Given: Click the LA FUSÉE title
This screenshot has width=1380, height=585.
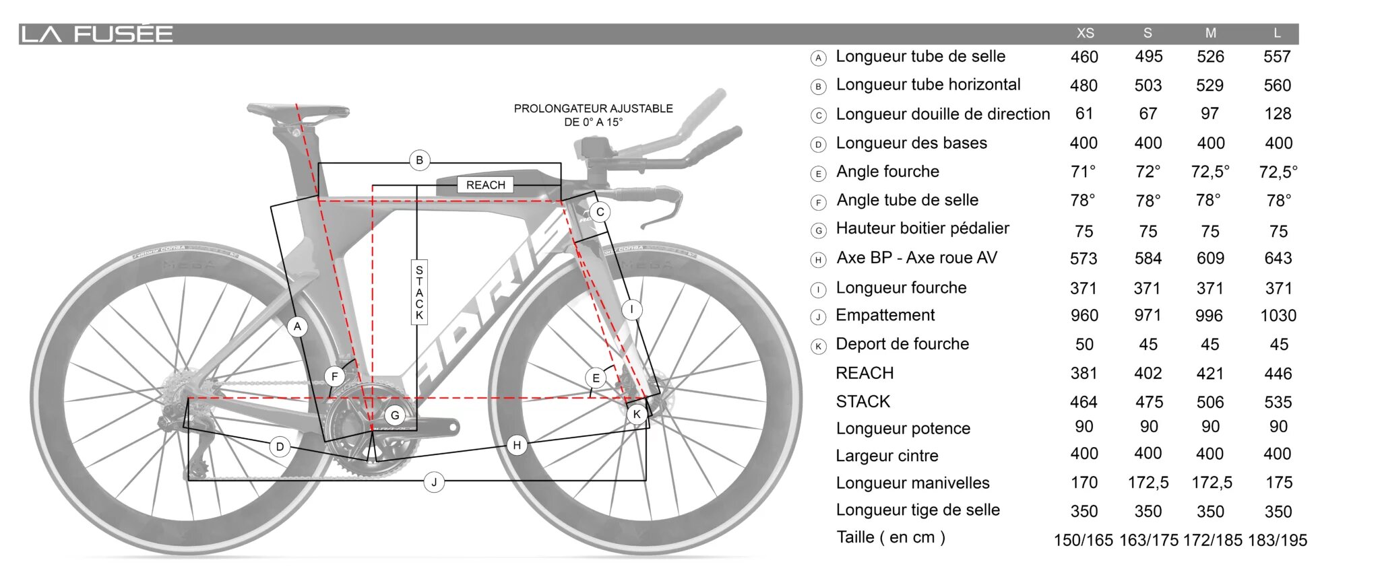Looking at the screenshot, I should coord(97,34).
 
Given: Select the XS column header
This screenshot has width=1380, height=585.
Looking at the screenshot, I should coord(1085,33).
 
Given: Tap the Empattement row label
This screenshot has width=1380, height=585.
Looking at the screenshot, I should coord(885,315).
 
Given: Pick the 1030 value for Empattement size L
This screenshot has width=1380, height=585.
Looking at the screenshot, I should coord(1278,316).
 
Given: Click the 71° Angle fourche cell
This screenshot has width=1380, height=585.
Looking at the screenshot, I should coord(1083,172).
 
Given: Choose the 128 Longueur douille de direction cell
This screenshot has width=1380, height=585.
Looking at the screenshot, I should coord(1278,114).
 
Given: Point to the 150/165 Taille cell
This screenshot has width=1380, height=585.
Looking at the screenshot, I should coord(1083,540).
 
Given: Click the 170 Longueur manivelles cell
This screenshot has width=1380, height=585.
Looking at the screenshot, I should coord(1084,483).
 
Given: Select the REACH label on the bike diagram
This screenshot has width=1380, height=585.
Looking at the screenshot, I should coord(485,185).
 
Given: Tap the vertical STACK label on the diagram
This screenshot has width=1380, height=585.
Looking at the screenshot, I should coord(419,292).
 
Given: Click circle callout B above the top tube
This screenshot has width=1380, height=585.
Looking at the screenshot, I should coord(419,160).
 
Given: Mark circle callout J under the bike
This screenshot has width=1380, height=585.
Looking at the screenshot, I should coord(434,482).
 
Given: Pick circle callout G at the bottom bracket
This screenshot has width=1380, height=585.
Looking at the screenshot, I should coord(395,415).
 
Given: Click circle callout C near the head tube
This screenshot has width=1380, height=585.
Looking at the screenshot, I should coord(600,212).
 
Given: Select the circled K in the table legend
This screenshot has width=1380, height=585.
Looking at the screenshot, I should coord(818,347).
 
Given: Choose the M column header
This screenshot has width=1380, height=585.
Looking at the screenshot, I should coord(1210,33).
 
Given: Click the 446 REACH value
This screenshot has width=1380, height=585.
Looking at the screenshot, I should coord(1278,374).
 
